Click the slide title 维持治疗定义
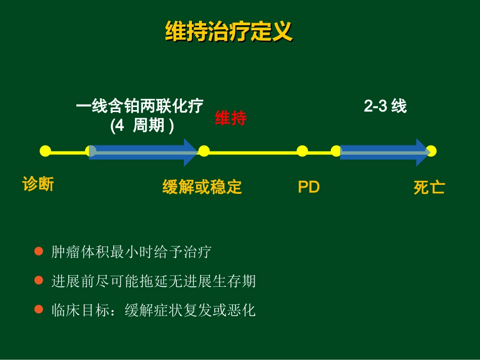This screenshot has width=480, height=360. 229,31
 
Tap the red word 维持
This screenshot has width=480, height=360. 231,118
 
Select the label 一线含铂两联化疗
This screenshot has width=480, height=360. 140,107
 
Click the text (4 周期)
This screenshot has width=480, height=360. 142,125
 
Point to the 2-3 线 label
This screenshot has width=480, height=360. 386,106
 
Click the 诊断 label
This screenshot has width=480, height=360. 38,184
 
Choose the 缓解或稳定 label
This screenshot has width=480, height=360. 202,187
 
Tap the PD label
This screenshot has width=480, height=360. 309,187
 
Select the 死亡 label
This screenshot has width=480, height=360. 429,188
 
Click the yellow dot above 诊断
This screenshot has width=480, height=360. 45,151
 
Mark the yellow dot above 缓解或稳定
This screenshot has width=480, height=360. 204,151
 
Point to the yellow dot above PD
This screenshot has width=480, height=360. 302,151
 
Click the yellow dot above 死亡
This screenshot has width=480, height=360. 431,151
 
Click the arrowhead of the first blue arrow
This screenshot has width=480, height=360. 190,151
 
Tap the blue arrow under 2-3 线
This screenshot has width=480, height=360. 384,151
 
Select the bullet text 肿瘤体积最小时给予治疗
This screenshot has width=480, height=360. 131,252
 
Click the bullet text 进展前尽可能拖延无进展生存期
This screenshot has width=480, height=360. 154,281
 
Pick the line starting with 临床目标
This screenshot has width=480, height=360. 154,310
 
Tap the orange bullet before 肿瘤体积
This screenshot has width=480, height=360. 38,251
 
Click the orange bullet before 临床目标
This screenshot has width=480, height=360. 38,309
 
